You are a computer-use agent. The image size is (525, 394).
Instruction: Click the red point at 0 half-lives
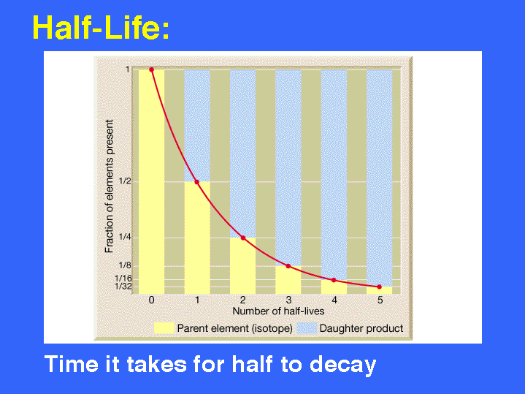point(151,69)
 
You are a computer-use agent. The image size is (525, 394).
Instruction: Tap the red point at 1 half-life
point(197,182)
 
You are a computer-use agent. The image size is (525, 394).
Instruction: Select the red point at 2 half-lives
point(243,238)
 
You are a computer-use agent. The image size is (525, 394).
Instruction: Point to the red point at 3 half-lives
point(288,266)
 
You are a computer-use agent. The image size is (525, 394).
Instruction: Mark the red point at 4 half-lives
point(334,280)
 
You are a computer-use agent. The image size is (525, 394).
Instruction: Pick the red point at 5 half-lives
point(380,287)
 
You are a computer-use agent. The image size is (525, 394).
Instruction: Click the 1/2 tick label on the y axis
point(125,181)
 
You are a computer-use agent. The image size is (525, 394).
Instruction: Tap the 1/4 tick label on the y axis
point(125,237)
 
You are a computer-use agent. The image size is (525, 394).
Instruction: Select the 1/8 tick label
point(125,265)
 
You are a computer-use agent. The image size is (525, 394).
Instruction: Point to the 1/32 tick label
point(123,287)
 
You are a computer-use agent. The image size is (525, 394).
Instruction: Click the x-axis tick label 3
point(288,300)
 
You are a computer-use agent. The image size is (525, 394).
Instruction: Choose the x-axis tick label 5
point(380,300)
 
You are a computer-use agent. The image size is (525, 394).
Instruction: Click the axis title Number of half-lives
point(278,311)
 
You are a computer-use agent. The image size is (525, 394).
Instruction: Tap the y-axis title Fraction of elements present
point(109,186)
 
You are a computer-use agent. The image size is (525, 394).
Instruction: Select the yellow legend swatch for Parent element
point(164,328)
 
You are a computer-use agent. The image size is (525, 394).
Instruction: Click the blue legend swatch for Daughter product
point(307,328)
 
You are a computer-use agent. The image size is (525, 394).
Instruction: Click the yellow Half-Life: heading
point(101,28)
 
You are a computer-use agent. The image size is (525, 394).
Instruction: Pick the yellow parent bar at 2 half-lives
point(242,266)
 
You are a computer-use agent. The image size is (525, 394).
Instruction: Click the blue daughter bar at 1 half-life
point(197,126)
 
